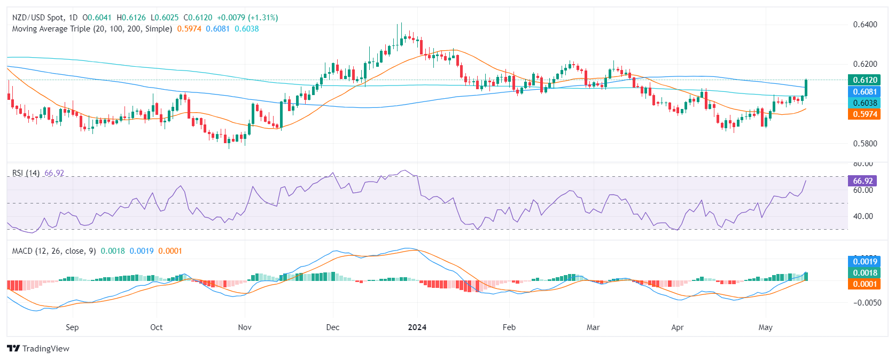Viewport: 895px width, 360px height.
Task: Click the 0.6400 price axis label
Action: click(865, 25)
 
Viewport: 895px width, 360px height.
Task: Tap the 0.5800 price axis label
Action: click(865, 144)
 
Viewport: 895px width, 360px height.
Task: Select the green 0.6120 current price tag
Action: click(864, 80)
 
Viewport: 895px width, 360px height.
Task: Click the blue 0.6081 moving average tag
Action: click(864, 92)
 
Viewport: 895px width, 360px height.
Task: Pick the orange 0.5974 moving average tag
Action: click(864, 114)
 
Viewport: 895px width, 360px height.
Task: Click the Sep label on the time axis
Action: click(72, 327)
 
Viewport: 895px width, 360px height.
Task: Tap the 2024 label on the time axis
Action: click(417, 327)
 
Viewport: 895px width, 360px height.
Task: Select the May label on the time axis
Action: click(765, 327)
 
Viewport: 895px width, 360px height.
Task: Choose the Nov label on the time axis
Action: click(244, 327)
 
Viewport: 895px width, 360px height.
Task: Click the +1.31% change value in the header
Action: click(263, 18)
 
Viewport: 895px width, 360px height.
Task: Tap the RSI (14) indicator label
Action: click(26, 173)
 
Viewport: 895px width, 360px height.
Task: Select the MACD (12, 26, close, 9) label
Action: click(54, 251)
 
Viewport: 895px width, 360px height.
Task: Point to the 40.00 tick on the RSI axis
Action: click(863, 216)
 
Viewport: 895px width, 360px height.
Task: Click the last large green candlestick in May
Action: click(806, 88)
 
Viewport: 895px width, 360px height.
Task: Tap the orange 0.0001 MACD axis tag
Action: click(864, 284)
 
